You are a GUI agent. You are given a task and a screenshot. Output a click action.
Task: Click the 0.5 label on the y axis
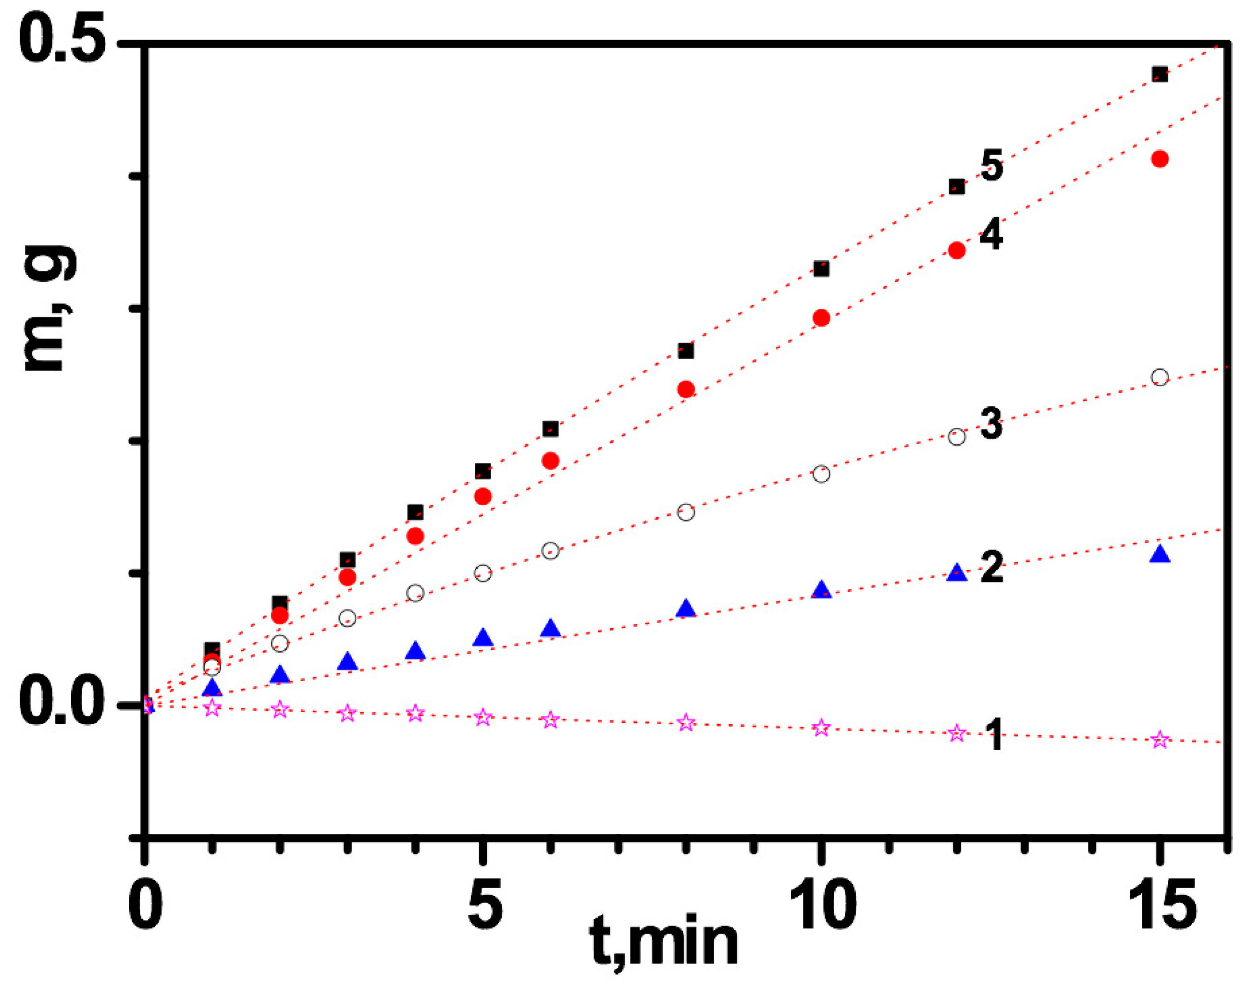62,40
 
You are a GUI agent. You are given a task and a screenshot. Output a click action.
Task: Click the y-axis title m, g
49,309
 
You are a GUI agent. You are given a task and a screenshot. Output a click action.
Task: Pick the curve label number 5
991,166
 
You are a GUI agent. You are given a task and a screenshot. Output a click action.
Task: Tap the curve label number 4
991,234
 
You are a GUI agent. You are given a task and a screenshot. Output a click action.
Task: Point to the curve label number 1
994,735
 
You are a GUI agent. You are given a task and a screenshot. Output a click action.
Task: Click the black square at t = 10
821,268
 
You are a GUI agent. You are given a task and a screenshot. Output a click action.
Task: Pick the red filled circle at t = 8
685,390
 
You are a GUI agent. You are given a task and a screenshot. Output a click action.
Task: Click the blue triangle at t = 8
685,609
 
